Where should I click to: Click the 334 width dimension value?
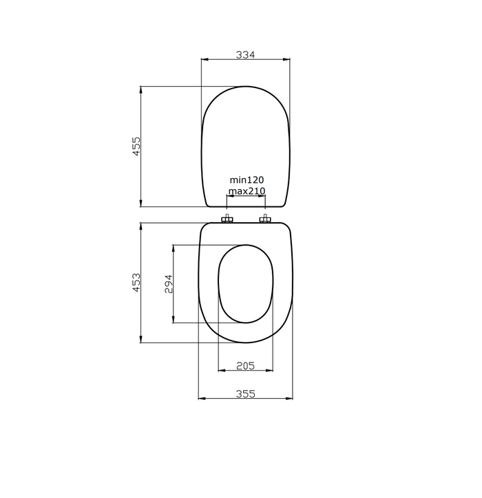pos(245,54)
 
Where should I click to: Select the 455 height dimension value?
pos(136,146)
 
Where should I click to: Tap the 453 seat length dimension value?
pos(136,282)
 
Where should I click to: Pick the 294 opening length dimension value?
pos(169,283)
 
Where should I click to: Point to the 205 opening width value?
pos(245,366)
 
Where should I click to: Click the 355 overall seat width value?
pos(245,393)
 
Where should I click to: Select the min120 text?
pos(247,180)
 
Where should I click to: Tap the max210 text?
pos(247,191)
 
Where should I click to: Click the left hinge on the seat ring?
pos(227,219)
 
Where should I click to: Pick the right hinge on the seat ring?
pos(264,219)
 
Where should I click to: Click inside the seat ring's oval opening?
pos(246,283)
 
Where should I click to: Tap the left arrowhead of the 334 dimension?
pos(203,60)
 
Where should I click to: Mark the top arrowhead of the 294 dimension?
pos(173,247)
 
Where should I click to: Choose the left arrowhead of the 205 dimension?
pos(220,371)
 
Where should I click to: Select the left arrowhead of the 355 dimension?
pos(201,398)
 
